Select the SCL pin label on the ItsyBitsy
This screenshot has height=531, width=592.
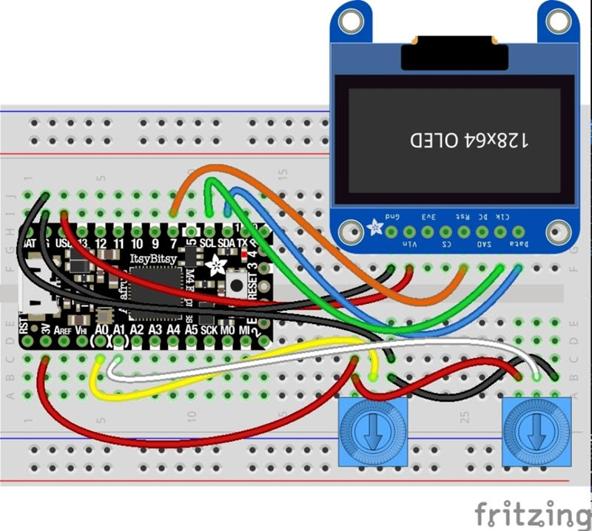tap(209, 243)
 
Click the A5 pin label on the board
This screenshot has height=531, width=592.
tap(191, 329)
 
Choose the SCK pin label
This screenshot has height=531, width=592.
tap(209, 329)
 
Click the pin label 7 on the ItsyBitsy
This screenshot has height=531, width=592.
tap(173, 243)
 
